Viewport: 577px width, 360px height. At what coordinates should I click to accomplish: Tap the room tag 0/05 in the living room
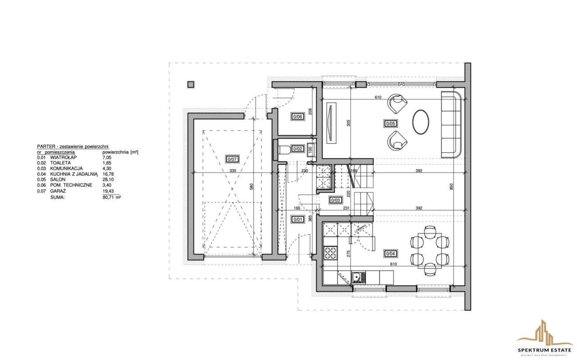point(390,123)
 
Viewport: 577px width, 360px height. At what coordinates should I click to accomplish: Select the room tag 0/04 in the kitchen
point(389,253)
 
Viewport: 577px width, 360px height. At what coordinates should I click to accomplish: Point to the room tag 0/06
point(298,116)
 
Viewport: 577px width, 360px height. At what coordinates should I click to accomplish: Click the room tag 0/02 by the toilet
point(298,148)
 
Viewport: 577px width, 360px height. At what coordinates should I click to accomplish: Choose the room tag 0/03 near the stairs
point(335,201)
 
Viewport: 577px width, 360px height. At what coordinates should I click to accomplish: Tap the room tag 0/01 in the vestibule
point(297,220)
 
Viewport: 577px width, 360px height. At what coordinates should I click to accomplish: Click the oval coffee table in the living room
point(421,122)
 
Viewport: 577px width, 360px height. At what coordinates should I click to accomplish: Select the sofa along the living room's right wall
point(450,124)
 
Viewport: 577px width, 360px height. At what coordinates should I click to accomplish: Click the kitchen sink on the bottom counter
point(357,277)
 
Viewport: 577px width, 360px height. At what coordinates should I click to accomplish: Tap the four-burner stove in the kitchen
point(330,253)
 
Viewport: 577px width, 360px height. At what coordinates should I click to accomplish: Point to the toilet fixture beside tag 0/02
point(282,149)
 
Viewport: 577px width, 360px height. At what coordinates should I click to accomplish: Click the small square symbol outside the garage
point(191,84)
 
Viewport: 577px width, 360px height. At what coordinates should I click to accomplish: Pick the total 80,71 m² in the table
point(112,197)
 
